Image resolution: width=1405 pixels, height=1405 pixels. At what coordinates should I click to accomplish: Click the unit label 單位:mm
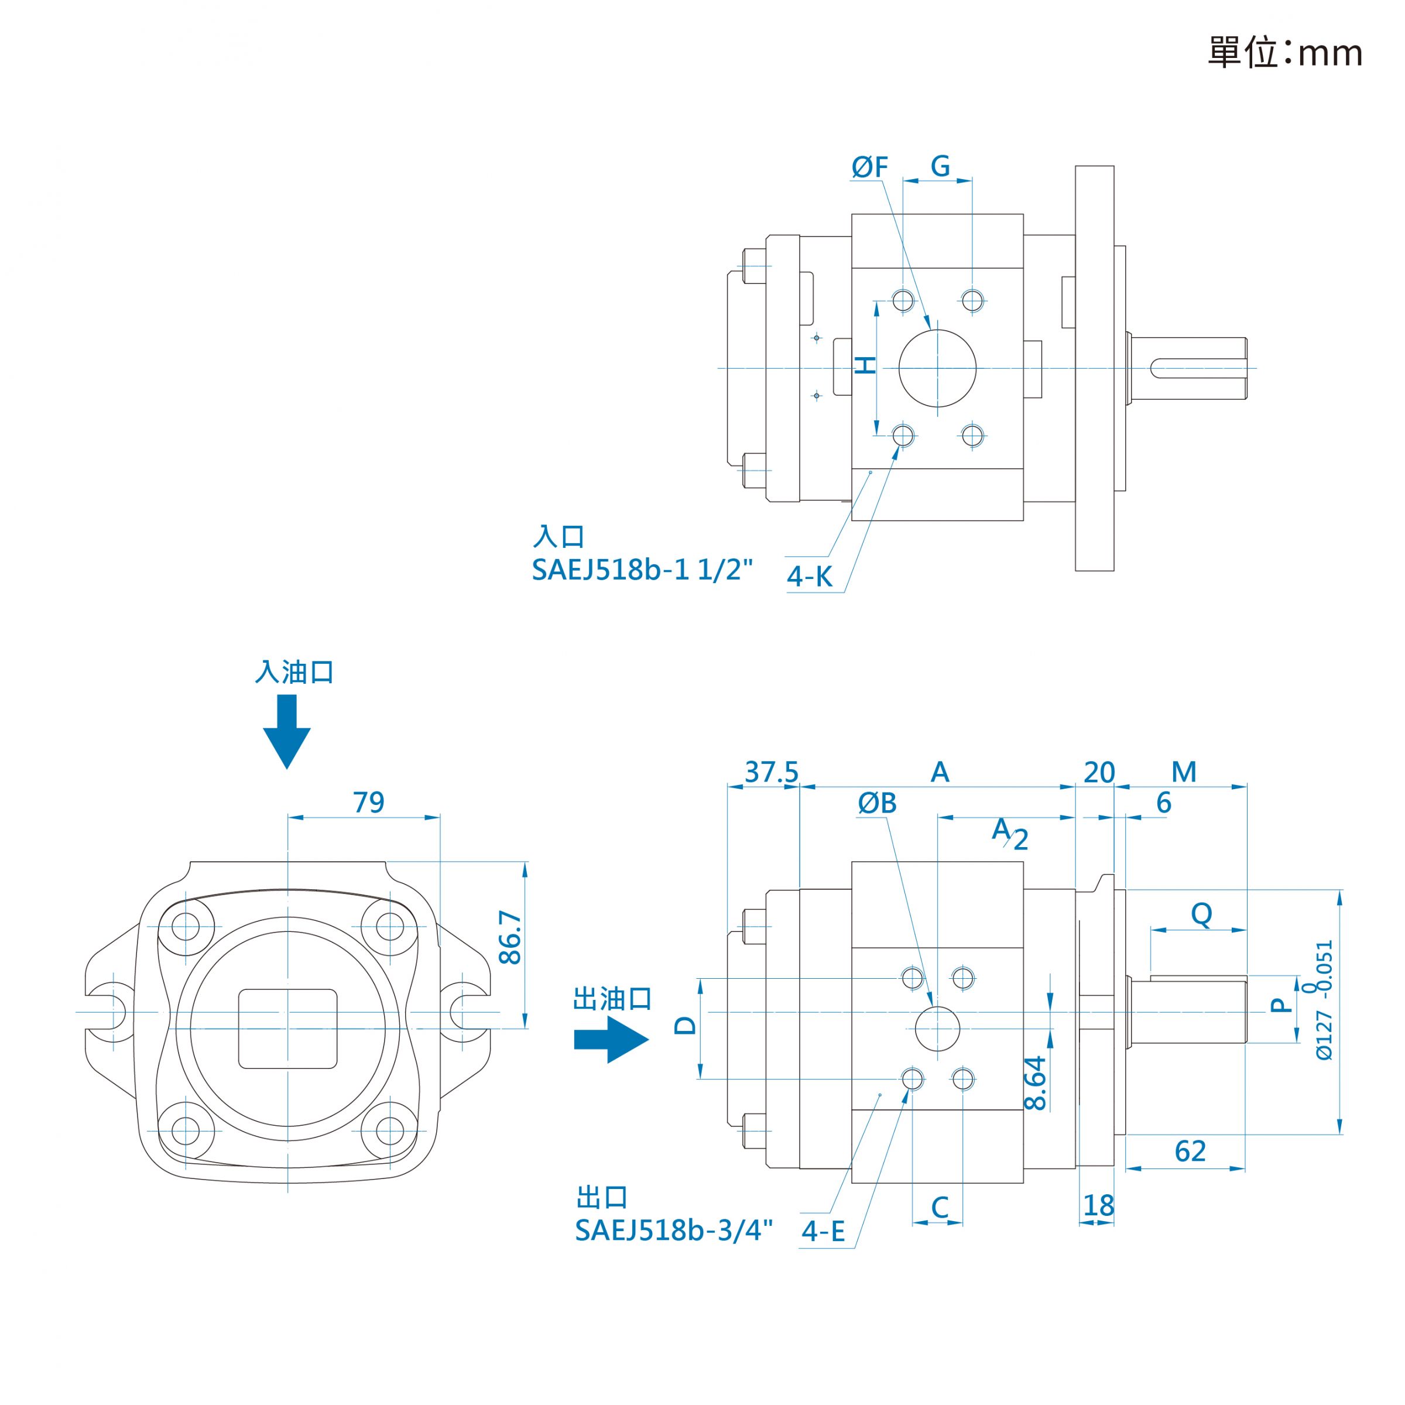click(1285, 52)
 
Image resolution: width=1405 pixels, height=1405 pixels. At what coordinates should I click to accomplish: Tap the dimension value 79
click(369, 803)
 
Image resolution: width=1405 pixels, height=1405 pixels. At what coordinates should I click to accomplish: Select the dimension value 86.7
click(510, 938)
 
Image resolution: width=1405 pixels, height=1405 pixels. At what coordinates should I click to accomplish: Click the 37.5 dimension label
click(771, 772)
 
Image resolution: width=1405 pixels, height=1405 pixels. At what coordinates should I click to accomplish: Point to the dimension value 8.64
click(1035, 1083)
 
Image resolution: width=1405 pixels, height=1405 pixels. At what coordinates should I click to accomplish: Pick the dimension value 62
click(1191, 1151)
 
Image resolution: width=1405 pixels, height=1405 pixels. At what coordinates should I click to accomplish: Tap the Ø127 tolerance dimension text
click(1323, 1000)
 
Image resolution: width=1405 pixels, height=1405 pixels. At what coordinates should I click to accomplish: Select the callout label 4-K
click(810, 577)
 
